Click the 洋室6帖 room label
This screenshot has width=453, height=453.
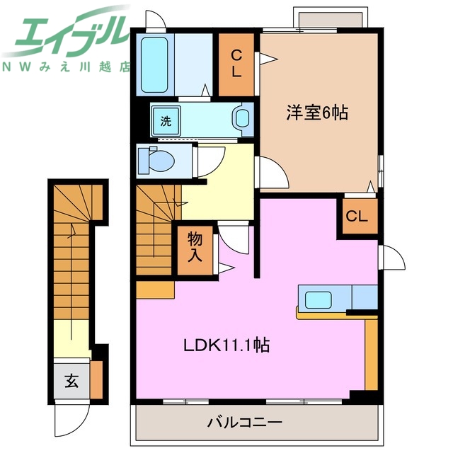(x=317, y=113)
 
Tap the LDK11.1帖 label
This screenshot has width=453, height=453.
(x=226, y=346)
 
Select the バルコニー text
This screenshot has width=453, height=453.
(x=245, y=423)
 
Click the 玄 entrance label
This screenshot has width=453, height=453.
(x=71, y=381)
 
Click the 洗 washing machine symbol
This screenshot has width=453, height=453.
(x=166, y=120)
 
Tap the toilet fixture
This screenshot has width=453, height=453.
(x=157, y=161)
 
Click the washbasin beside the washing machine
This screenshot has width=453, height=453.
(x=243, y=120)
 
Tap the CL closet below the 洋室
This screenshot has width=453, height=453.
(x=357, y=217)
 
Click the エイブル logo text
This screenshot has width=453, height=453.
(x=67, y=33)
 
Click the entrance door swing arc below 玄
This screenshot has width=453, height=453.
(x=71, y=417)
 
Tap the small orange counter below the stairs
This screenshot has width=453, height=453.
(x=155, y=289)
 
